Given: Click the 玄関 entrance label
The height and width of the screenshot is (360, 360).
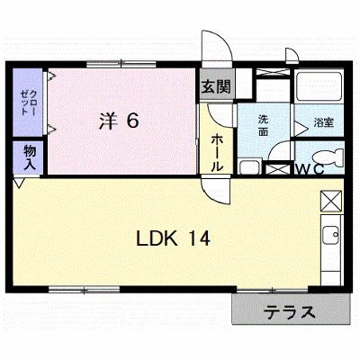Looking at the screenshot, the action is click(x=216, y=86).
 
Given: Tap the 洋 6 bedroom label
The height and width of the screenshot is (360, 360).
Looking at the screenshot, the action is click(x=119, y=121).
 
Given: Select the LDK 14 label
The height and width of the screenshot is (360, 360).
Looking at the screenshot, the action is click(x=173, y=238).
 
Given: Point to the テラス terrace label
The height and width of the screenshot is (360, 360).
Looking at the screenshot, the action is click(x=290, y=312).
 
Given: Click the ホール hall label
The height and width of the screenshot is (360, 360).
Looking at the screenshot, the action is click(x=217, y=153).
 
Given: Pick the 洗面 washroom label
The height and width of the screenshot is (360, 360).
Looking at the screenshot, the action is click(x=263, y=125).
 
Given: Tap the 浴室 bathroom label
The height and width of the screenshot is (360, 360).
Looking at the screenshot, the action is click(x=324, y=122).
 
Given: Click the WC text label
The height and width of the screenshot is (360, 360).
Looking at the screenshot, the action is click(x=310, y=169).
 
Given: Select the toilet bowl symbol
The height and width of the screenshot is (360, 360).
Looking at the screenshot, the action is click(x=328, y=157).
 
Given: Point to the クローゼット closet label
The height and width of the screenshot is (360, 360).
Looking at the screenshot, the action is click(x=28, y=103).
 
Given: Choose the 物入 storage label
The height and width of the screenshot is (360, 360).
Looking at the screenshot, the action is click(x=30, y=157).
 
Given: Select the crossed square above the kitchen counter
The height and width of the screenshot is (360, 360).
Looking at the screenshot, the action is click(x=331, y=201).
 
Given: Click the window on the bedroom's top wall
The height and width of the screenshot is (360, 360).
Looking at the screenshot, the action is click(x=121, y=64).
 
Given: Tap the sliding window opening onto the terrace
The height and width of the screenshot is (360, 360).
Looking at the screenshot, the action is click(x=273, y=290).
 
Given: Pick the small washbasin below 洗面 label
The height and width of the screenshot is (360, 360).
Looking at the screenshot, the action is click(x=249, y=167).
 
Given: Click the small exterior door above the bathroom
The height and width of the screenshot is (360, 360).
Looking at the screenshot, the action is click(x=292, y=56).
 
